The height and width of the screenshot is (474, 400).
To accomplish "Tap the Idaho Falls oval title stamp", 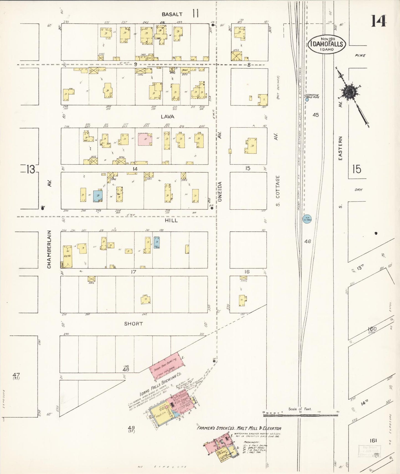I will [327, 44].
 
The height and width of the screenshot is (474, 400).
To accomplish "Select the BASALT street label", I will [172, 14].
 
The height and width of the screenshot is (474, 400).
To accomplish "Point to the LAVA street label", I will [168, 117].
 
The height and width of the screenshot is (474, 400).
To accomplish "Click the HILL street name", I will [171, 220].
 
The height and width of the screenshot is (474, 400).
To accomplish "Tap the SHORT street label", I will [133, 324].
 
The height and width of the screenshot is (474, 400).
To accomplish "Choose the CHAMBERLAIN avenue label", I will [49, 249].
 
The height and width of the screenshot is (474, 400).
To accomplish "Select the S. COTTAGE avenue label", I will [278, 191].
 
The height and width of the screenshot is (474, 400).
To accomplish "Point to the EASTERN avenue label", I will [340, 148].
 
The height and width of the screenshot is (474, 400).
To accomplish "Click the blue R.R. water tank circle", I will [307, 219].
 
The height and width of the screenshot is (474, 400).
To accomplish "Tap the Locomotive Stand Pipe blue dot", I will [307, 100].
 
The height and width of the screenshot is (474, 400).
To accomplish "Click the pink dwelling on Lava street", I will [145, 139].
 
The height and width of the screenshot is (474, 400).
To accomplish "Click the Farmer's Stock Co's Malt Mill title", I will [239, 428].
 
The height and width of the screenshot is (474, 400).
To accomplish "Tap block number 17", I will [133, 272].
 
